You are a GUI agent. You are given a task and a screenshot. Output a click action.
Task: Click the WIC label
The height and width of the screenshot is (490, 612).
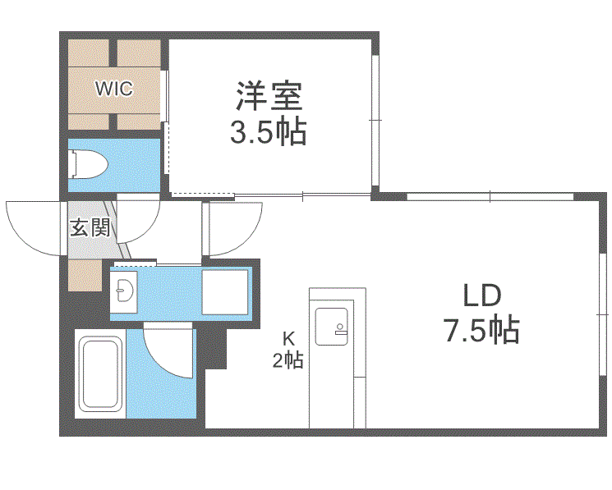tap(113, 88)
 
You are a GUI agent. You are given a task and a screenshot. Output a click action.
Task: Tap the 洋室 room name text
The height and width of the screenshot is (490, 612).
tap(269, 97)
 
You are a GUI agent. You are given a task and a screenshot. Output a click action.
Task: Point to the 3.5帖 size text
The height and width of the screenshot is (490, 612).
tap(268, 131)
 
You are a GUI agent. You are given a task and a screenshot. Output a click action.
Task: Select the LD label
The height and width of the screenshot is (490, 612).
tap(481, 296)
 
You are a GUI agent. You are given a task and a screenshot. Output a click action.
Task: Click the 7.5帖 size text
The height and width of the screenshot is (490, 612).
tap(481, 331)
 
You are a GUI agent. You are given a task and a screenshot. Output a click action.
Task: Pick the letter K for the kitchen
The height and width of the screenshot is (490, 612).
tap(288, 337)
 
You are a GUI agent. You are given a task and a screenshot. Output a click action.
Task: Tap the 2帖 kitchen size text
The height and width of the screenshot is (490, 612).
tap(288, 359)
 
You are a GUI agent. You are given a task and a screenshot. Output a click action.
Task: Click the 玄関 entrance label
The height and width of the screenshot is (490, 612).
tap(89, 227)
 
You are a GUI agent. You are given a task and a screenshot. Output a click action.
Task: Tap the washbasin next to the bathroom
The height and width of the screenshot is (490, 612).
tap(125, 289)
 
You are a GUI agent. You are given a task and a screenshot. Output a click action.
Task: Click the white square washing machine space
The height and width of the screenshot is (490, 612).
tap(224, 291)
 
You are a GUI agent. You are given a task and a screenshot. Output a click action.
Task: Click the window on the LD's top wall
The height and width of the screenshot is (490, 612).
tap(490, 196)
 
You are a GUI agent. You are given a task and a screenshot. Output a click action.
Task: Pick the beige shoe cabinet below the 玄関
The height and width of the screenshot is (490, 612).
tap(84, 274)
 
